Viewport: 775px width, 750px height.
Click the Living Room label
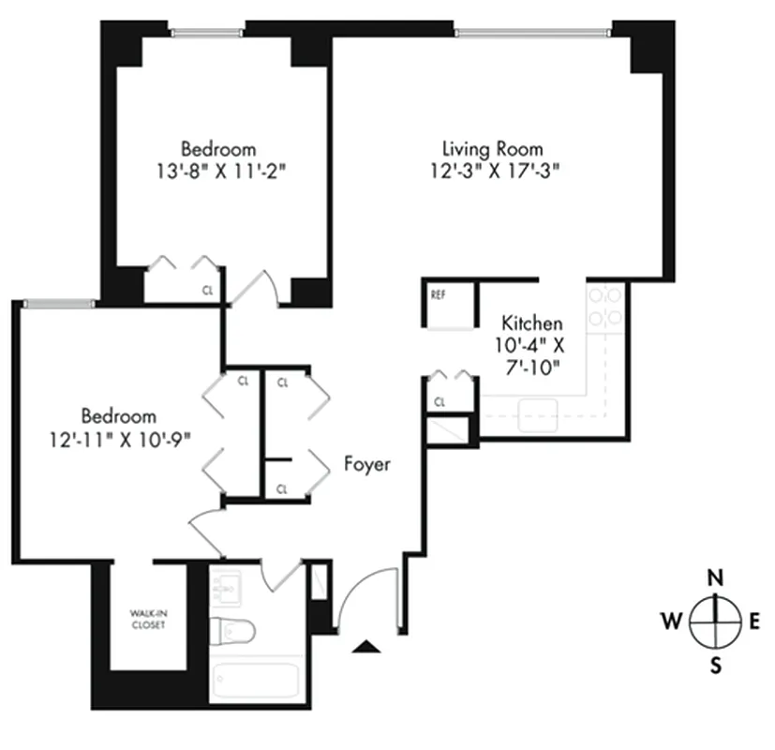(x=492, y=149)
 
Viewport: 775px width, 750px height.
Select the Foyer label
(x=366, y=464)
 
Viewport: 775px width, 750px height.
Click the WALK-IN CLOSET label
(x=148, y=620)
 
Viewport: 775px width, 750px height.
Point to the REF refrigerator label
(x=438, y=294)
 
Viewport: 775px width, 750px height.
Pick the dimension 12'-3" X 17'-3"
(x=492, y=171)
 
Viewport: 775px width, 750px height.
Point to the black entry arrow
(x=368, y=646)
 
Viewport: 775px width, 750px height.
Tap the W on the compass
(x=672, y=620)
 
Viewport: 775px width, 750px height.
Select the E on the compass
(x=755, y=620)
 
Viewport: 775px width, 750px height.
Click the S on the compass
(x=715, y=666)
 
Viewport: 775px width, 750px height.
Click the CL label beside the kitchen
(x=440, y=403)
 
